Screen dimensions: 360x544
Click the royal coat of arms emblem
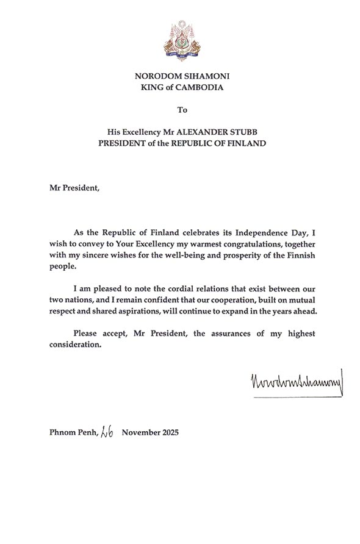point(179,38)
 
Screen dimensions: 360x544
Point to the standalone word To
point(180,110)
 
